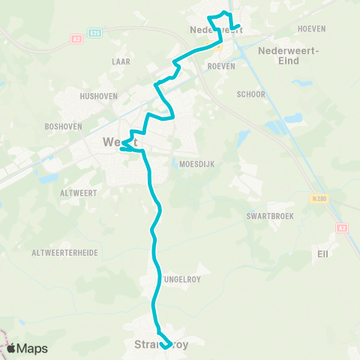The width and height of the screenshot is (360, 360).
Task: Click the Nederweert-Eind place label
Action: [289, 55]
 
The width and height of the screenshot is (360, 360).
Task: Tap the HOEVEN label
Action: [311, 29]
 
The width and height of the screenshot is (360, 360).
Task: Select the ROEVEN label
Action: [221, 66]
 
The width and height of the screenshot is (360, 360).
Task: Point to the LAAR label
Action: [122, 62]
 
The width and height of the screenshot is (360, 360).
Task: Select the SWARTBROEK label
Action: [269, 215]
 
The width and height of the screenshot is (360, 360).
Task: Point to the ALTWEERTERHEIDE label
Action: [64, 253]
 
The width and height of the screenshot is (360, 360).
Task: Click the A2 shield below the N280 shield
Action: [343, 227]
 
